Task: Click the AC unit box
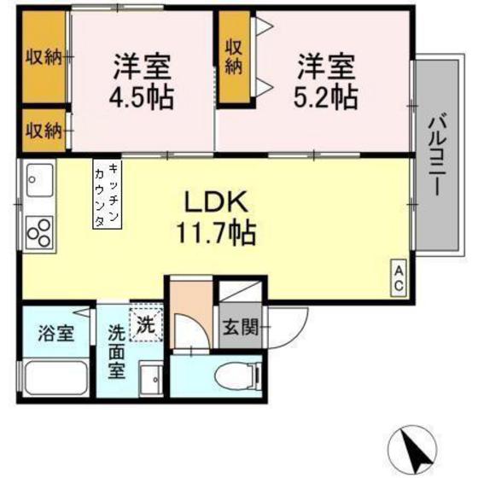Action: point(399,278)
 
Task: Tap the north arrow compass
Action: point(412,451)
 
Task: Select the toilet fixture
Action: point(238,376)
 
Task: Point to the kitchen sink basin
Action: point(40,180)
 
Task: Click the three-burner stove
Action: point(39,232)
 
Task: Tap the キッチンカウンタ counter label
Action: point(108,195)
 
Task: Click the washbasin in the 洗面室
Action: point(151,378)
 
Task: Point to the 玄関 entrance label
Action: point(241,327)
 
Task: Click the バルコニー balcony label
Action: point(438,156)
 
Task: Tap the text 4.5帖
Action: point(142,98)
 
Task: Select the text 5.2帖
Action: point(325,97)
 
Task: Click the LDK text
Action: point(216,201)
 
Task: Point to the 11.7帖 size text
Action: point(216,233)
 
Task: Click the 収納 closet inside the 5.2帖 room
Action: point(234,58)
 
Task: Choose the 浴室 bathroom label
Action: point(56,333)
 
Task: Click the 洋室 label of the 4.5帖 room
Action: point(142,67)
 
